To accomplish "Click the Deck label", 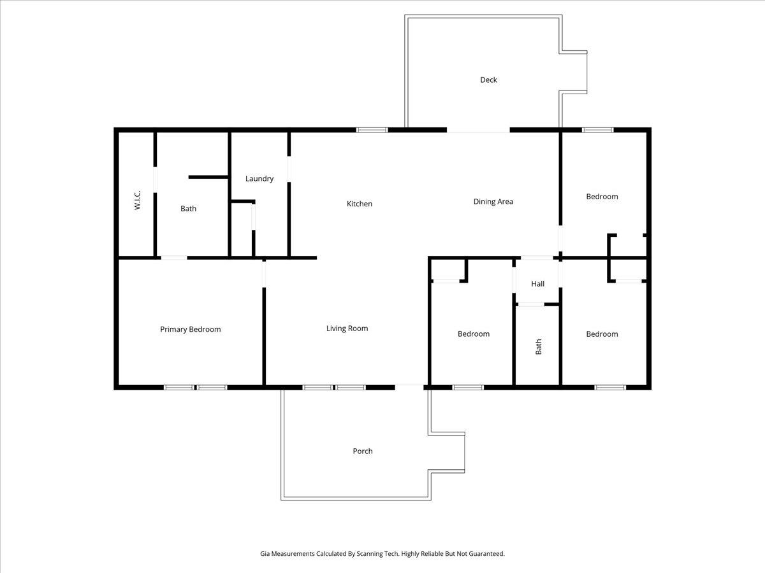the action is point(488,80).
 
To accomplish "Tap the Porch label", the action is point(363,451).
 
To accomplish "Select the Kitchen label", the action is point(360,204).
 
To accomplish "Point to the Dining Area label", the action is point(493,202).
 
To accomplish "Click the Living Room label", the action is point(347,329).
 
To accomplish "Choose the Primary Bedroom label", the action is point(190,329).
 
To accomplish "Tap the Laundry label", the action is point(259,179).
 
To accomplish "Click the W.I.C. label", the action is point(137,200).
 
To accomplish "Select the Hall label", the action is point(538,284).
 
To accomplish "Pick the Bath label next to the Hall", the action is point(539,347).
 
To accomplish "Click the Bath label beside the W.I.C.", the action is point(188,209).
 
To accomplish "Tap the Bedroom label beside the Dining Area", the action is point(602,197).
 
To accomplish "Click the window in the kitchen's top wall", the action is point(372,130).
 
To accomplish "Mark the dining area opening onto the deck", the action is point(478,130).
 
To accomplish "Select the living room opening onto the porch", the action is point(409,387).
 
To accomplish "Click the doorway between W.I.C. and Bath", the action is point(155,180).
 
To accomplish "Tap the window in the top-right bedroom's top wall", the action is point(598,130).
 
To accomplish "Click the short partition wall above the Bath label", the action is point(208,178).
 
